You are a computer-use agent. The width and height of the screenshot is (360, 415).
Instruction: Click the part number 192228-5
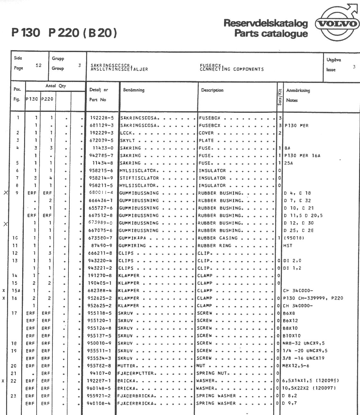pyautogui.click(x=102, y=118)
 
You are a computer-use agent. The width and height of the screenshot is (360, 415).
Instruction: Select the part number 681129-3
pyautogui.click(x=102, y=125)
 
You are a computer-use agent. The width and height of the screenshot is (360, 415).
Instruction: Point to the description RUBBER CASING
pyautogui.click(x=218, y=238)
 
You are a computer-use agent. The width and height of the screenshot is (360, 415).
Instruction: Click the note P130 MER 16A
pyautogui.click(x=302, y=156)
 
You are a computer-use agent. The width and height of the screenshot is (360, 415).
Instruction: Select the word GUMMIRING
pyautogui.click(x=133, y=246)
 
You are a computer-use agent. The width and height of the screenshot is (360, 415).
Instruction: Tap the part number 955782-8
pyautogui.click(x=100, y=366)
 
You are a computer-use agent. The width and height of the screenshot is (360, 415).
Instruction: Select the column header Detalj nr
pyautogui.click(x=99, y=90)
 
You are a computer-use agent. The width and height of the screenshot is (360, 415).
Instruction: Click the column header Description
pyautogui.click(x=212, y=90)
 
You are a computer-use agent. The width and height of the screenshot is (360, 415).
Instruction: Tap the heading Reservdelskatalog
pyautogui.click(x=266, y=23)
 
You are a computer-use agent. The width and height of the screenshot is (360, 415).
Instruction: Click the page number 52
pyautogui.click(x=39, y=65)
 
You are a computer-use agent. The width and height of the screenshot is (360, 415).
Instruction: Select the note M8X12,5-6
pyautogui.click(x=296, y=366)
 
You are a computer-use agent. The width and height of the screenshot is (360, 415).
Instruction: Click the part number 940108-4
pyautogui.click(x=99, y=403)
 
